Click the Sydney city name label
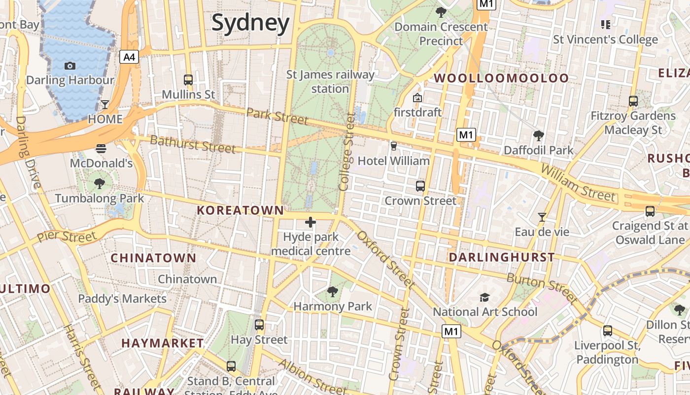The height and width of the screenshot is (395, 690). pyautogui.click(x=250, y=23)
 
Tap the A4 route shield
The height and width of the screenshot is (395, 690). pyautogui.click(x=129, y=57)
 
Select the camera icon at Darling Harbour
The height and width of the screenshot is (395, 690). pyautogui.click(x=70, y=66)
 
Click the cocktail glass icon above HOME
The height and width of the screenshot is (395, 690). pyautogui.click(x=105, y=104)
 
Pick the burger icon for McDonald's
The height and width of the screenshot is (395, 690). pyautogui.click(x=101, y=148)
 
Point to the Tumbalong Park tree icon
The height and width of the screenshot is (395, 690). pyautogui.click(x=100, y=184)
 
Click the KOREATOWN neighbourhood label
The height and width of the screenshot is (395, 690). pyautogui.click(x=240, y=210)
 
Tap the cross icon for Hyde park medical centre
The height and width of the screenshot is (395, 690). pyautogui.click(x=310, y=222)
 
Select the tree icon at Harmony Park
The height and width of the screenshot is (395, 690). pyautogui.click(x=333, y=291)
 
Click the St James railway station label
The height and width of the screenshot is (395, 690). pyautogui.click(x=330, y=82)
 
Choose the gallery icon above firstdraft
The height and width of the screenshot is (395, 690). pyautogui.click(x=417, y=98)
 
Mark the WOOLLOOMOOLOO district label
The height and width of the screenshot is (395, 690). pyautogui.click(x=501, y=78)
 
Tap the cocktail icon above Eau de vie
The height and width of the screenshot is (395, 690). pyautogui.click(x=542, y=217)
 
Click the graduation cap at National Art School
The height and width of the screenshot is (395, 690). pyautogui.click(x=485, y=297)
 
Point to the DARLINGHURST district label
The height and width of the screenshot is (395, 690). pyautogui.click(x=502, y=257)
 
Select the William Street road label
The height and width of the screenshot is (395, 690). pyautogui.click(x=579, y=183)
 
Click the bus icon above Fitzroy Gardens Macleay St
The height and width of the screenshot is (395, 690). pyautogui.click(x=633, y=101)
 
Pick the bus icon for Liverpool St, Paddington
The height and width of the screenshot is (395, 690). pyautogui.click(x=608, y=331)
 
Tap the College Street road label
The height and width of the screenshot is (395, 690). pyautogui.click(x=347, y=152)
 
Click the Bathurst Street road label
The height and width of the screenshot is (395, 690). pyautogui.click(x=192, y=144)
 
